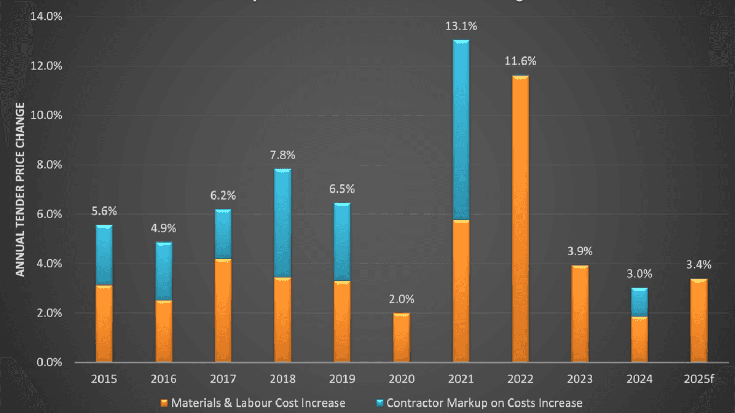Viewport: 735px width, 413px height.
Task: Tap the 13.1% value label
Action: tap(461, 25)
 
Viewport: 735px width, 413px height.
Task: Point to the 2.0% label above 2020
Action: tap(401, 299)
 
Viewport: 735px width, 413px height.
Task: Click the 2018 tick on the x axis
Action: tap(282, 379)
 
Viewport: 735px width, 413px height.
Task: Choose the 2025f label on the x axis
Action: tap(699, 379)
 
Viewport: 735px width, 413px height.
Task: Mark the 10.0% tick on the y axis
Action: tap(47, 116)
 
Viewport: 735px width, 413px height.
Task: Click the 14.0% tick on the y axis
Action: tap(47, 17)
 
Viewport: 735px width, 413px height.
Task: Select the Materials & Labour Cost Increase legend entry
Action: tap(252, 403)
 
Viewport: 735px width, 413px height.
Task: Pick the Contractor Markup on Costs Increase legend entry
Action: tap(478, 403)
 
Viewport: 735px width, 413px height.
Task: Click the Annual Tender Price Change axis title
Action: tap(20, 189)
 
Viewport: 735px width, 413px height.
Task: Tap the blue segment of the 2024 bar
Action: tap(639, 302)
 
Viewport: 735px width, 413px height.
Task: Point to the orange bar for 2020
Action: tap(401, 338)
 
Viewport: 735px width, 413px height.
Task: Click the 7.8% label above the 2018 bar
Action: tap(282, 155)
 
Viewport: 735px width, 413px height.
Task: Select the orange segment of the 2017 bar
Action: tap(223, 311)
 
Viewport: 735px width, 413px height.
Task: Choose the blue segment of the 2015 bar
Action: tap(104, 255)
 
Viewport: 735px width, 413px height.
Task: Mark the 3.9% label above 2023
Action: tap(580, 251)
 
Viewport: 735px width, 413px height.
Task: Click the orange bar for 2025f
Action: tap(698, 321)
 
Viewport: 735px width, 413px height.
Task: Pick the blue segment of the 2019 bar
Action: tap(342, 242)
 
